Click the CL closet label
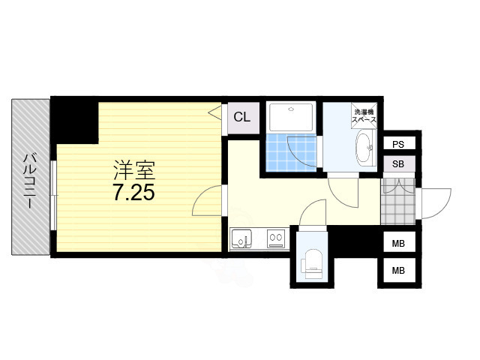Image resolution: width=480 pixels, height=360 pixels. (x=241, y=117)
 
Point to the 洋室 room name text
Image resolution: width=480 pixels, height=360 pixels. (x=134, y=170)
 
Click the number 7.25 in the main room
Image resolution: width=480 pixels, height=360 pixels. (x=134, y=192)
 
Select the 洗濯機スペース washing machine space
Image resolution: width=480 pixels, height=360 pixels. (x=364, y=115)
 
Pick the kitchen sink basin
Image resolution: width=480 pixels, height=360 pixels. (x=241, y=238)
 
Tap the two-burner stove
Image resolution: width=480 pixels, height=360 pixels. (x=276, y=238)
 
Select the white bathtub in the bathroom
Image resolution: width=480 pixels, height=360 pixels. (x=291, y=116)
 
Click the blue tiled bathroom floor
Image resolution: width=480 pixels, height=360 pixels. (x=291, y=152)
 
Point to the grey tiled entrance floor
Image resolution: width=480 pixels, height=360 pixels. (x=397, y=201)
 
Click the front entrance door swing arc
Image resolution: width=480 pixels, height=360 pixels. (x=443, y=208)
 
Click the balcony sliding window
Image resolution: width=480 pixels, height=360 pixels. (x=53, y=195)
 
